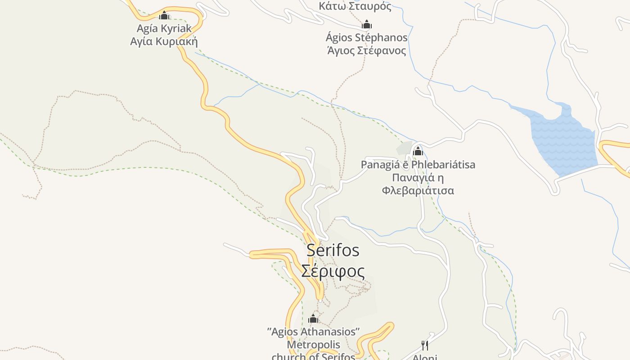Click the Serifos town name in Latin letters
pos(333,250)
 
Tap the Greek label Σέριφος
pos(333,271)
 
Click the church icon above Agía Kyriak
pos(164,15)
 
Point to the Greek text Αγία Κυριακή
pos(164,41)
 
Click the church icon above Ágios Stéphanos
pos(367,24)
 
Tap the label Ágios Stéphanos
pos(367,37)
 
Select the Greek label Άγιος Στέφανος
pos(367,50)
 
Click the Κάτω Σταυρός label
pos(355,6)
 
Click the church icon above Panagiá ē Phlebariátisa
pos(418,151)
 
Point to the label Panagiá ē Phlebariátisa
pos(418,165)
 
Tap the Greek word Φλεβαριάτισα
pos(418,191)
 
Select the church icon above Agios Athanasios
pos(314,319)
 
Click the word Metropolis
pos(314,345)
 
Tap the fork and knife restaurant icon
pos(424,346)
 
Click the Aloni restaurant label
pos(425,357)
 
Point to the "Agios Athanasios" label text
pos(314,332)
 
